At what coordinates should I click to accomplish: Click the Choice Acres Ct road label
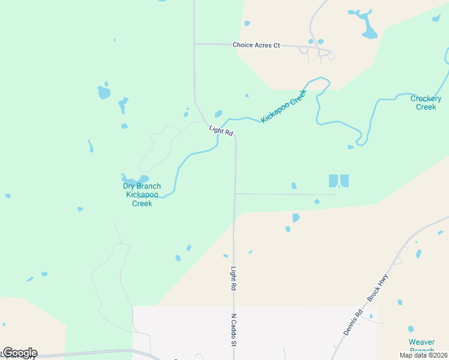coord(256,45)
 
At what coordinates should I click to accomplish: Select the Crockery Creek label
coord(426,103)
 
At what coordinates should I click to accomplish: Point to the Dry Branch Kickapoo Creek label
coord(142,195)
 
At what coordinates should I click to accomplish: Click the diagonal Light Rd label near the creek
coord(221,130)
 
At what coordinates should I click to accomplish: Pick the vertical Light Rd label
coord(234,280)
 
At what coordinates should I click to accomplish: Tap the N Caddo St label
coord(234,329)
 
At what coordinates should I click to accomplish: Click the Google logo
coord(20,353)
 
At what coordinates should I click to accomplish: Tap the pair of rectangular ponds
coord(339,181)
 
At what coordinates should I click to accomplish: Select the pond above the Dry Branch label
coord(135,179)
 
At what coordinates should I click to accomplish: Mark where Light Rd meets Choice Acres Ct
coord(194,44)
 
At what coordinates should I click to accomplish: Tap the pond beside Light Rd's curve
coord(218,114)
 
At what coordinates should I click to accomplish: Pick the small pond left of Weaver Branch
coord(411,329)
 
